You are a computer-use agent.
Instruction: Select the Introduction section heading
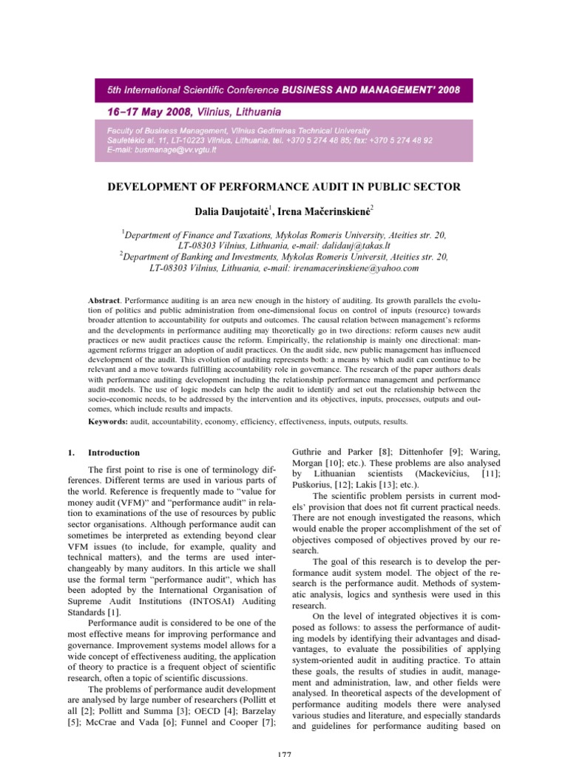coord(113,452)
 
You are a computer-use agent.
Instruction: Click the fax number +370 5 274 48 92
coord(393,139)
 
